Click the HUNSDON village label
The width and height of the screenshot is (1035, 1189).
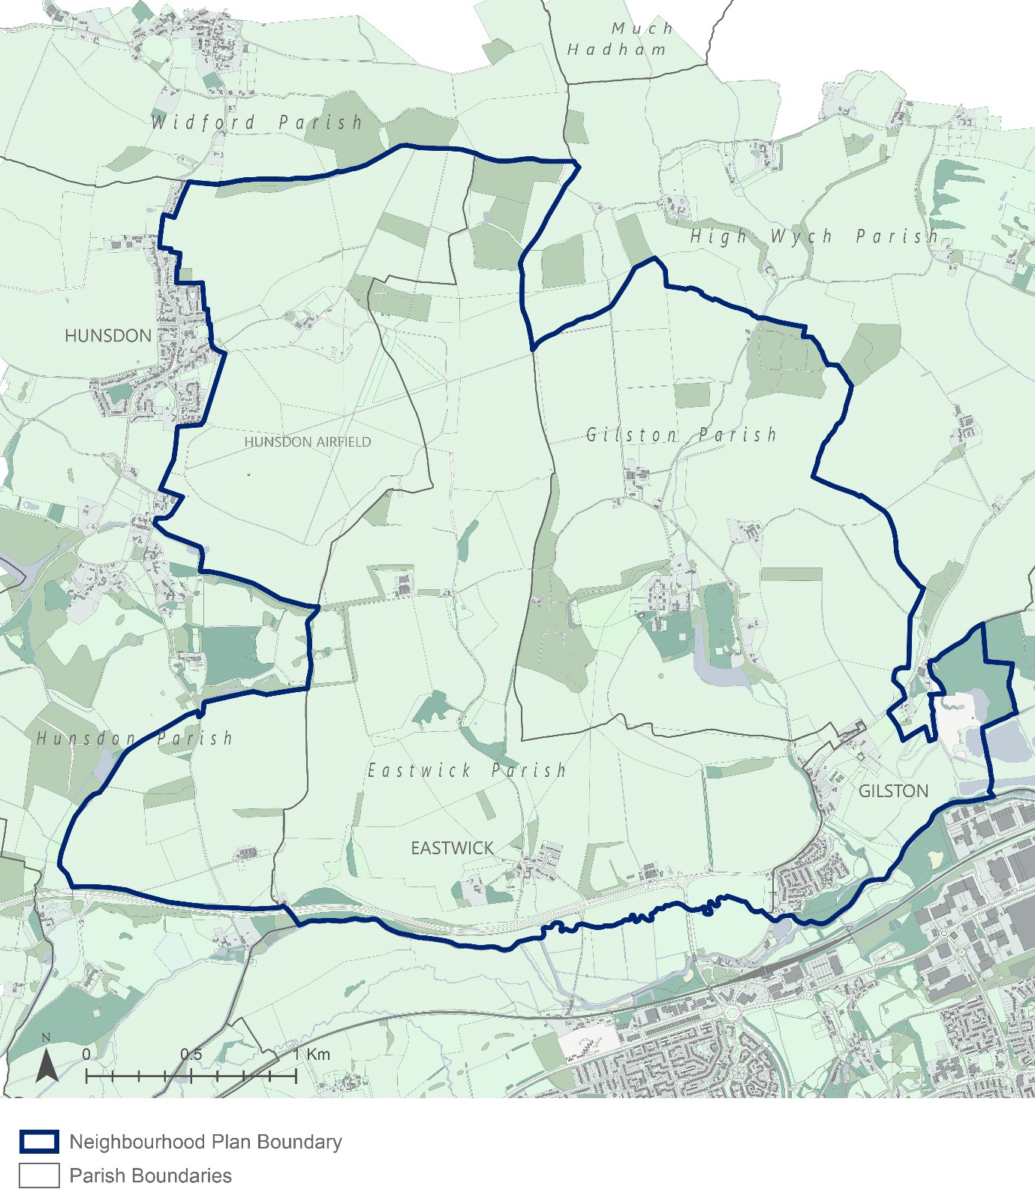[x=108, y=336]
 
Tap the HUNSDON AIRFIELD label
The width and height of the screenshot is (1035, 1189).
[x=308, y=442]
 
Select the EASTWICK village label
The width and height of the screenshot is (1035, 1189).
[x=452, y=848]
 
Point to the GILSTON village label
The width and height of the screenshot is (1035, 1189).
[x=893, y=791]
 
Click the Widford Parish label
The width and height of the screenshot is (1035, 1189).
[x=257, y=122]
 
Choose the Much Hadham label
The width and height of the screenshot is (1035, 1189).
[x=618, y=39]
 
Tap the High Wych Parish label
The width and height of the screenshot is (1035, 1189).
[x=814, y=236]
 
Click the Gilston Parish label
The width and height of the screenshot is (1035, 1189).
[x=681, y=435]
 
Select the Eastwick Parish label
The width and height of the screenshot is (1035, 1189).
[x=466, y=770]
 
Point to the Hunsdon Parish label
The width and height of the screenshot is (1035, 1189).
[x=134, y=739]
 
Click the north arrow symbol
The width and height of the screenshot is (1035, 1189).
[x=47, y=1065]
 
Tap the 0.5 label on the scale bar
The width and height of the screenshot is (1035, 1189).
[x=191, y=1054]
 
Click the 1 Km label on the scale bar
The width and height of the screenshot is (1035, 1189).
[x=311, y=1054]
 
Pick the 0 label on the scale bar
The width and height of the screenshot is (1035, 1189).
[x=86, y=1054]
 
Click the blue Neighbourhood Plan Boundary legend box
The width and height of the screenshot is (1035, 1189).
[x=39, y=1142]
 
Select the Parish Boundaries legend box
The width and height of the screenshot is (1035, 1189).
[x=39, y=1175]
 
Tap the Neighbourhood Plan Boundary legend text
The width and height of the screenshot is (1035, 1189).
[x=205, y=1142]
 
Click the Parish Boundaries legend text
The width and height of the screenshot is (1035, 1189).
[x=150, y=1175]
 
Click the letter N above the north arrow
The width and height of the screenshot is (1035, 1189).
[x=47, y=1038]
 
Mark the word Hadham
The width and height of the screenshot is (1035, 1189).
[x=616, y=50]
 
